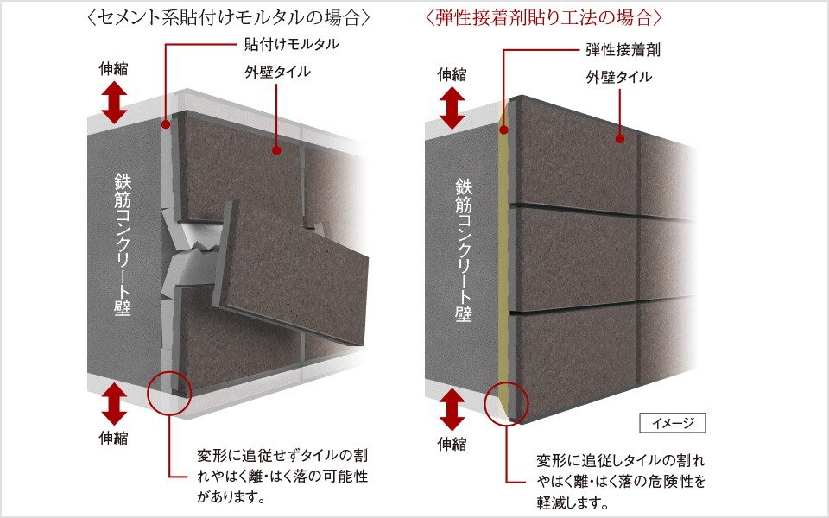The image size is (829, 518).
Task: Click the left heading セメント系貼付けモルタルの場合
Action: point(228,17)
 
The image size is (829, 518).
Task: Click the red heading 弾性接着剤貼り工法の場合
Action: point(544,17)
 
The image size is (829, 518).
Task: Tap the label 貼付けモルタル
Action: point(291,44)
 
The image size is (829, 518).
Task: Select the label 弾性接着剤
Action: point(623,50)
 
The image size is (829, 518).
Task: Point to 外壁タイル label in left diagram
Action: point(277,72)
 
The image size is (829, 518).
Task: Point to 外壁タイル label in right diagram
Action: point(619,77)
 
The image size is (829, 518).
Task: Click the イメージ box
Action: point(673,423)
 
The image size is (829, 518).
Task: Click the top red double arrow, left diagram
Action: point(114,103)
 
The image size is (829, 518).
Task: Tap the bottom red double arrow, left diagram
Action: point(114,404)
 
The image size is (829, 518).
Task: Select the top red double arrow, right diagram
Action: point(452,108)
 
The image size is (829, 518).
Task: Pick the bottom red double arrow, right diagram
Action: point(452,409)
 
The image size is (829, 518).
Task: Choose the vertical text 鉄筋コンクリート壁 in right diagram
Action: point(464,250)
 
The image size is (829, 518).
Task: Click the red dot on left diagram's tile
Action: point(276,150)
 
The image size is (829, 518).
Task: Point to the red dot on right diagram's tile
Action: point(620,139)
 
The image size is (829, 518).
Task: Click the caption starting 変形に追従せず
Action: point(282,477)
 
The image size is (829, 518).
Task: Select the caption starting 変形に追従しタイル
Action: point(621,481)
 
